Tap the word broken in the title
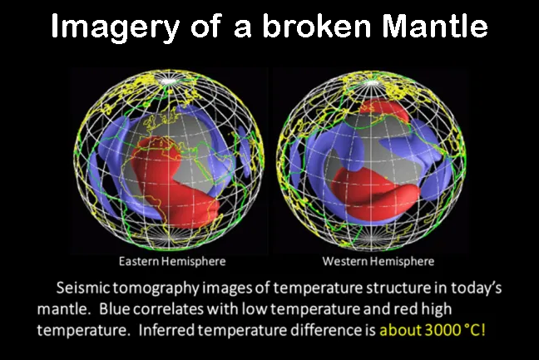click(317, 26)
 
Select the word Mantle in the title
click(435, 26)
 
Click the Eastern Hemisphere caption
click(172, 261)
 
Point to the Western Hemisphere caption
click(378, 261)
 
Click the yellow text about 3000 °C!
click(433, 330)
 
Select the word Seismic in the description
click(83, 288)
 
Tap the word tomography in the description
click(156, 288)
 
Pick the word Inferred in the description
click(165, 330)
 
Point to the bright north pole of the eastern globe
click(168, 81)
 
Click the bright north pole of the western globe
click(370, 82)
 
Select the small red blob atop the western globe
click(384, 109)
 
